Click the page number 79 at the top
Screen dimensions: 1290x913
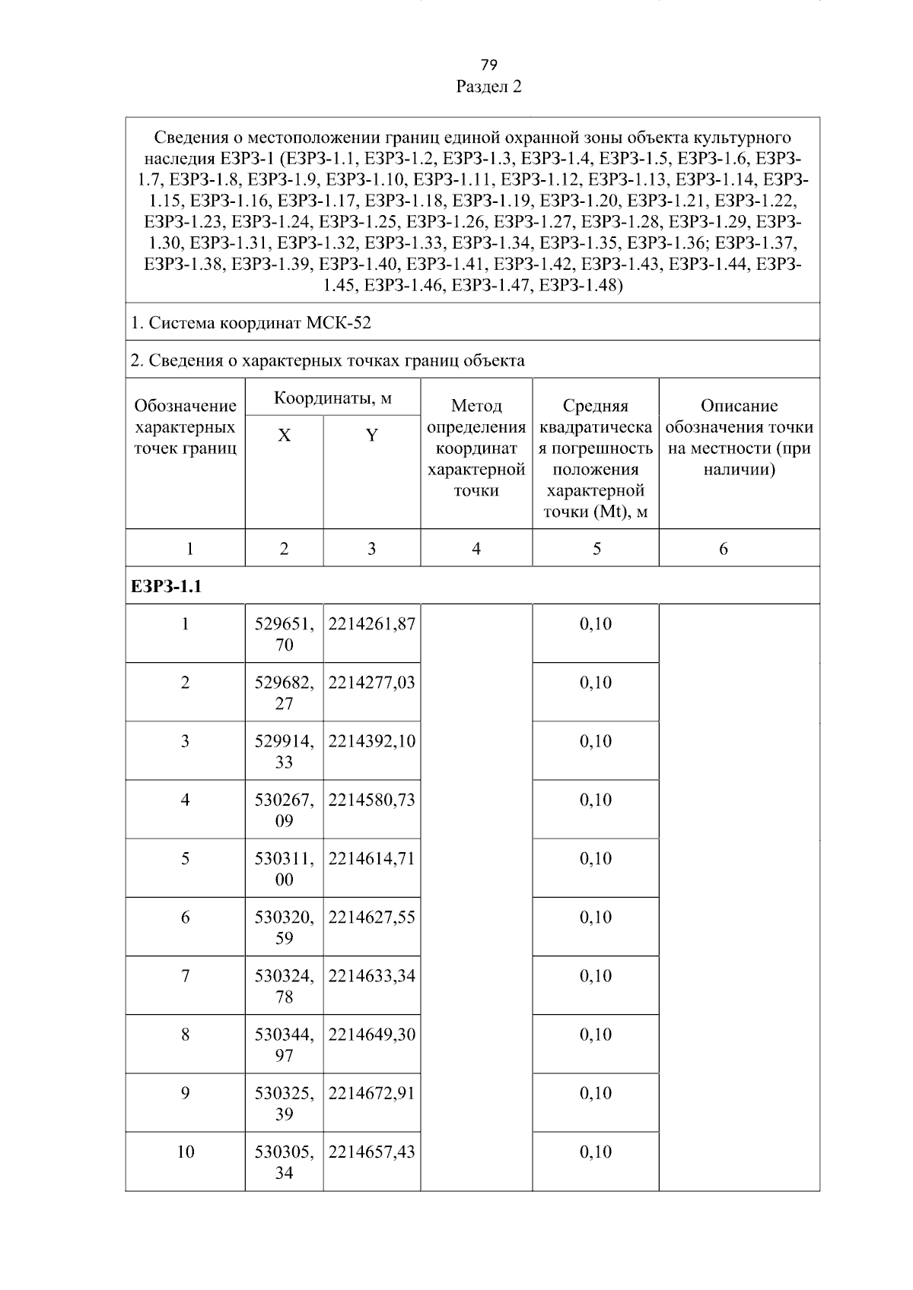(x=488, y=64)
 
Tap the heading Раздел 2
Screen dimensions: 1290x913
(x=488, y=87)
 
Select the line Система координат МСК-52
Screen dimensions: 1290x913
(x=251, y=323)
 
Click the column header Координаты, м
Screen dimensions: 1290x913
(x=332, y=398)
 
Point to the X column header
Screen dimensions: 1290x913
(x=284, y=436)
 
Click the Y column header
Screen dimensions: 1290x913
(x=371, y=436)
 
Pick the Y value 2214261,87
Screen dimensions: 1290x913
(x=371, y=624)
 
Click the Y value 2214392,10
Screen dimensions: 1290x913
(x=371, y=741)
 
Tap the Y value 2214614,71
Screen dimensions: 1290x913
(x=371, y=859)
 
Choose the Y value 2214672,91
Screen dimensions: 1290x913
(x=371, y=1093)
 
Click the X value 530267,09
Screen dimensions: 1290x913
(x=284, y=810)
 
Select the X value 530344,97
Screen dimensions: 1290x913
(x=284, y=1044)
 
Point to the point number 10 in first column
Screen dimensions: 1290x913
(x=185, y=1152)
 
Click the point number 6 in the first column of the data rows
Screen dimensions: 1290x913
(x=185, y=918)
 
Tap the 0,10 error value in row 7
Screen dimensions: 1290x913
(x=596, y=976)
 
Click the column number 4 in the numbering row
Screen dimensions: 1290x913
(x=476, y=549)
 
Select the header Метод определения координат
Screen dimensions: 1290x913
(x=476, y=448)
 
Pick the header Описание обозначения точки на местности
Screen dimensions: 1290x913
(x=739, y=437)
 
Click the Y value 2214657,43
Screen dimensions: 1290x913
(x=371, y=1152)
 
